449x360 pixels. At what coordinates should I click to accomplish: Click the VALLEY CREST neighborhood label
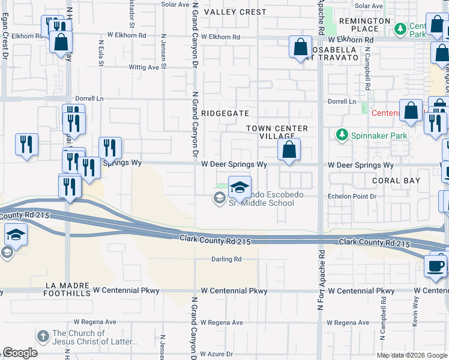[235, 12]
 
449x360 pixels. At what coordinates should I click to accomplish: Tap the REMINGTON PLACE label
[364, 25]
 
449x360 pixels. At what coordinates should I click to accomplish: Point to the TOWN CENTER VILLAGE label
[277, 133]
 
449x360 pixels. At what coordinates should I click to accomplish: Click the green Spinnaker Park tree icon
[342, 135]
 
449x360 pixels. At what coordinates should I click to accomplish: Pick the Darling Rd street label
[226, 259]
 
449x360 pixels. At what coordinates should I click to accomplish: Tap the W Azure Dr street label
[221, 354]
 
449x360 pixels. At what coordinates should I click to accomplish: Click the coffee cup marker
[436, 265]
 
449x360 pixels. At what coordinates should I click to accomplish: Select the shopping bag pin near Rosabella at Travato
[300, 47]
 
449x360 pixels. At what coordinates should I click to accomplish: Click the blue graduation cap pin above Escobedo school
[240, 188]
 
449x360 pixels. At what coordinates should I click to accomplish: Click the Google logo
[20, 353]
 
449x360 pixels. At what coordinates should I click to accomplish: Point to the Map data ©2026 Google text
[411, 355]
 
